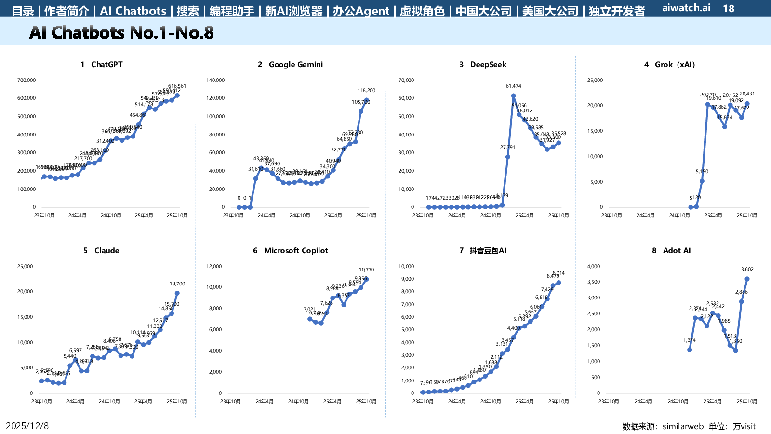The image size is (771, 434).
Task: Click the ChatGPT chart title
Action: [x=102, y=65]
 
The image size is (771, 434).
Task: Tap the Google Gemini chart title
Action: [x=291, y=65]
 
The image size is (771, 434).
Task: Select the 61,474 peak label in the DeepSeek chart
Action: [x=514, y=86]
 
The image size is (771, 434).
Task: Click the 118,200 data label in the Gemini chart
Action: [x=366, y=90]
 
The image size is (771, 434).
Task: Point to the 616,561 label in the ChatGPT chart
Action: [x=177, y=86]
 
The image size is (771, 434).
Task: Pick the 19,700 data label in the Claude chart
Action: [x=177, y=284]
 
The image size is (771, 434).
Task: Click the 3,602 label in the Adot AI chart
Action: [x=747, y=270]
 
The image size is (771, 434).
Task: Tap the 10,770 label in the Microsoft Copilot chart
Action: [x=366, y=270]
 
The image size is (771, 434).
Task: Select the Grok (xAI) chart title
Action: [x=670, y=65]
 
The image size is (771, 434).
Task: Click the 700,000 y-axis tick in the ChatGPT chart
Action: [x=27, y=81]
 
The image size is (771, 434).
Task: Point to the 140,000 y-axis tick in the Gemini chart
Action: [x=215, y=81]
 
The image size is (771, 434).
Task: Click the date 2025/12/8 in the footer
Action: [x=27, y=426]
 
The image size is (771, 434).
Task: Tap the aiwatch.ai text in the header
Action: [x=686, y=8]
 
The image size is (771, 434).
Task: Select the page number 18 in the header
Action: [x=729, y=8]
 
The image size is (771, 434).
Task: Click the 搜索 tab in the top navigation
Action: [x=188, y=11]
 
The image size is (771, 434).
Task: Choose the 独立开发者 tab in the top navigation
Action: [x=617, y=11]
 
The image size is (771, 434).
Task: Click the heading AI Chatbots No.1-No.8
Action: [x=121, y=33]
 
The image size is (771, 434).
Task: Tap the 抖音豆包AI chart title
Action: [x=483, y=251]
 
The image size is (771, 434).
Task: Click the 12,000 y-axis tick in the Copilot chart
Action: [x=214, y=267]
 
